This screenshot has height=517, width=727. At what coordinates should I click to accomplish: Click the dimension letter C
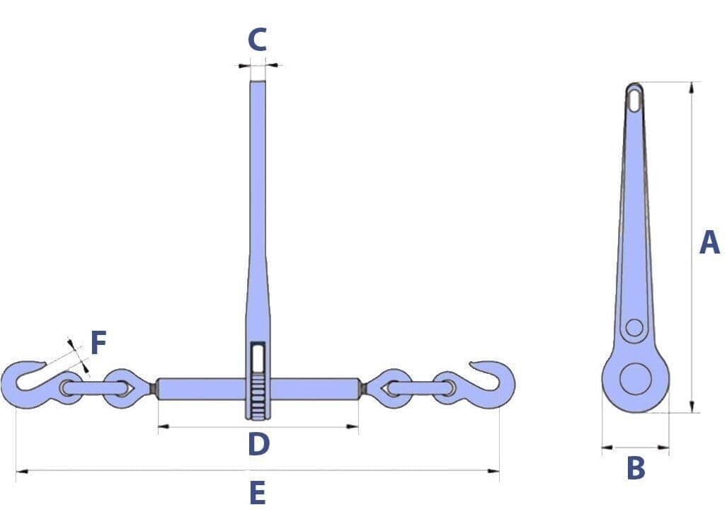click(x=258, y=40)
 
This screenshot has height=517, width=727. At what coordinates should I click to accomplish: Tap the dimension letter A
click(x=709, y=242)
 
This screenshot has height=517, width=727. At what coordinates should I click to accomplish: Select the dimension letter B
click(x=636, y=468)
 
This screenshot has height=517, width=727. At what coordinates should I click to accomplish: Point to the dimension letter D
click(x=258, y=444)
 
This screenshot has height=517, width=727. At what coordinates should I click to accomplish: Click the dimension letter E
click(x=258, y=492)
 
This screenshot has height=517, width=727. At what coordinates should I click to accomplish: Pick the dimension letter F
click(x=98, y=343)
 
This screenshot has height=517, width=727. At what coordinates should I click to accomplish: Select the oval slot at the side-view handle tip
click(x=634, y=99)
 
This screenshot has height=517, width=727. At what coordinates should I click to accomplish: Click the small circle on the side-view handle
click(x=634, y=328)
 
